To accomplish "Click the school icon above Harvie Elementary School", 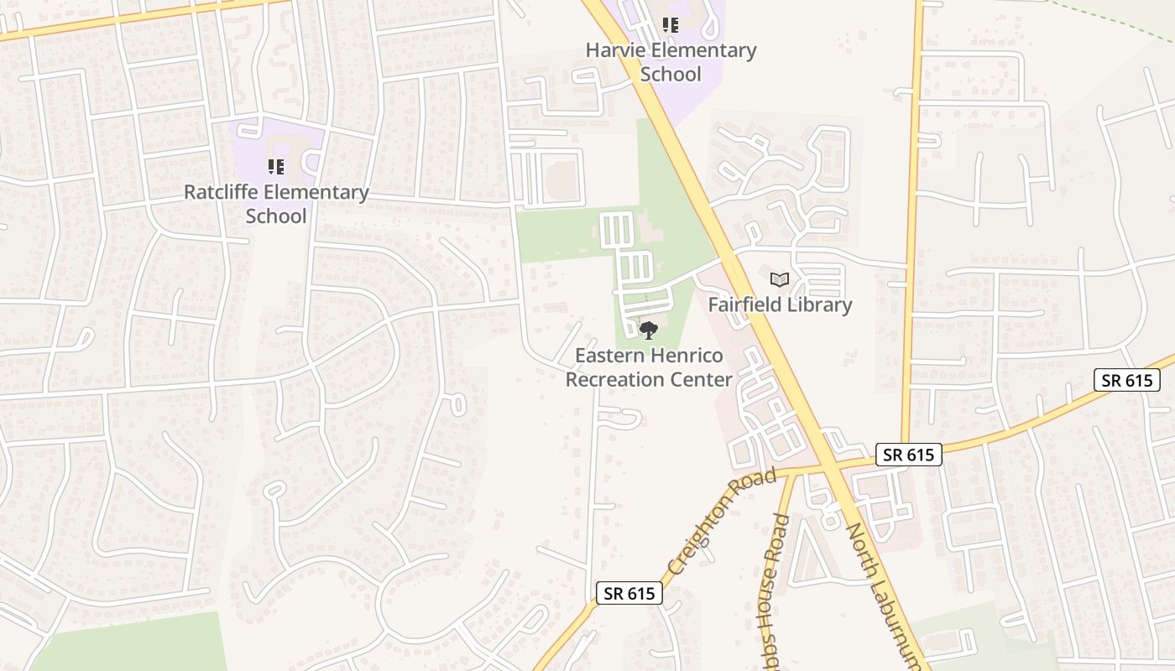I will [670, 25].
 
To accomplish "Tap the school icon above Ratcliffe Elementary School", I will [275, 167].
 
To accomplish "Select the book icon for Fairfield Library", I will [780, 279].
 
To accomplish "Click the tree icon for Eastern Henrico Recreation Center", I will [648, 330].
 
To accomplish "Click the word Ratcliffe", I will [221, 193].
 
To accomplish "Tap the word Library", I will [821, 304].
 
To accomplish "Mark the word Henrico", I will [676, 356].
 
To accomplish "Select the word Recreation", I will [621, 380].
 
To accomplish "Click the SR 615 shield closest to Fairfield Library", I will [909, 455].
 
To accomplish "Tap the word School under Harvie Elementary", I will [671, 74].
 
